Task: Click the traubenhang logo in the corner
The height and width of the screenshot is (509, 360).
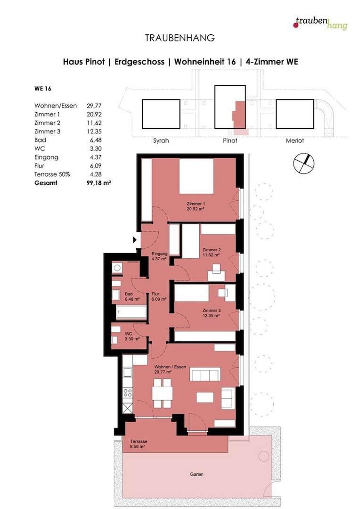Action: click(x=320, y=23)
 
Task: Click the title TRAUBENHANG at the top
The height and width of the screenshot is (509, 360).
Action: click(x=180, y=37)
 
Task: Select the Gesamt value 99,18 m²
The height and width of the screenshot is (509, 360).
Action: click(x=98, y=183)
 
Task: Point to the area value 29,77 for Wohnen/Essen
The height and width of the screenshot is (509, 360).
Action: click(x=94, y=106)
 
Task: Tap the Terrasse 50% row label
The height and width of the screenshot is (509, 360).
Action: click(x=52, y=174)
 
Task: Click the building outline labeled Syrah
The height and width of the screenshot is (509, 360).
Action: click(x=161, y=114)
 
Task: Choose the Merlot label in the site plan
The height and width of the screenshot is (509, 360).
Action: click(x=295, y=140)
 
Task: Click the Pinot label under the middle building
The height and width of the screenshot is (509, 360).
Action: click(x=230, y=140)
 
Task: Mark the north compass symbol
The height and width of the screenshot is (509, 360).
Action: click(x=303, y=163)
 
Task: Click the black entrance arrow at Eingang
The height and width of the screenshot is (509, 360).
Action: click(x=135, y=240)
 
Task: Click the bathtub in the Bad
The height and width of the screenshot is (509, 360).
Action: click(x=131, y=312)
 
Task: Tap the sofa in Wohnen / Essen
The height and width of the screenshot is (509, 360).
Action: click(x=205, y=375)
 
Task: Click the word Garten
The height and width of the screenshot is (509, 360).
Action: click(x=197, y=474)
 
